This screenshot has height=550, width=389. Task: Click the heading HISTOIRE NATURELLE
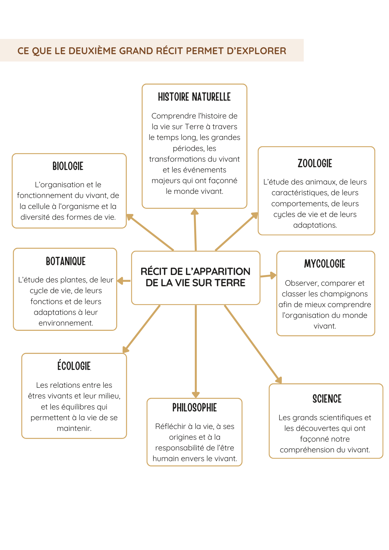click(x=194, y=97)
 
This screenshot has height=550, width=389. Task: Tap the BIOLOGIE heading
click(x=68, y=166)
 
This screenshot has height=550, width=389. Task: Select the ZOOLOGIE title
click(x=315, y=163)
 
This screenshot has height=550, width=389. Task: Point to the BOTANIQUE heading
click(x=66, y=261)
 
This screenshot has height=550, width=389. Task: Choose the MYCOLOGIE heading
click(x=325, y=264)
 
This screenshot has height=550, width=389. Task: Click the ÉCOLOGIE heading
click(x=74, y=366)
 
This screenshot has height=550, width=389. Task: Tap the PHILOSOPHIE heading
click(x=194, y=408)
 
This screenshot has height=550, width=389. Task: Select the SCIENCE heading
click(x=327, y=399)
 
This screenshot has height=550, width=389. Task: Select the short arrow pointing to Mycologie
click(x=268, y=276)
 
